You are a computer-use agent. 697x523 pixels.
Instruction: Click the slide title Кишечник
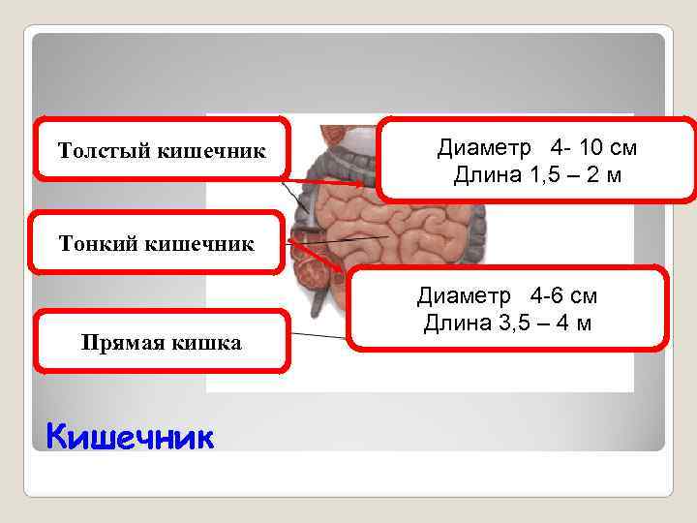129,438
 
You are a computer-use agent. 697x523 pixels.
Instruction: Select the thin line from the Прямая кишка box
319,336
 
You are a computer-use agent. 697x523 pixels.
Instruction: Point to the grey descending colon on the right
475,242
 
